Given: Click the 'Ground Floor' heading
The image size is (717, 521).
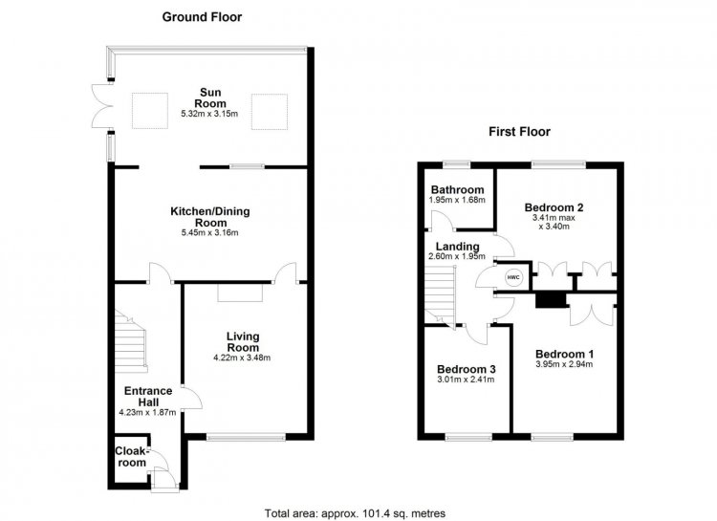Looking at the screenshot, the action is (202, 17).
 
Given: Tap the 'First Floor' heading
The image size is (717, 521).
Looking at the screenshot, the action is (519, 132).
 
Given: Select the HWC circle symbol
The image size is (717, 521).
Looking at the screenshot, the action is (513, 277).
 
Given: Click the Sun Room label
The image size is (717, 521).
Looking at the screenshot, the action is (210, 98).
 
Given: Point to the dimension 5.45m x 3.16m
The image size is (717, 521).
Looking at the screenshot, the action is (210, 233).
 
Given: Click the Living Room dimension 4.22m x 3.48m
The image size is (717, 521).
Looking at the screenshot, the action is (242, 358).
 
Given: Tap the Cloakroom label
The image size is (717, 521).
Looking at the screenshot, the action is (131, 457).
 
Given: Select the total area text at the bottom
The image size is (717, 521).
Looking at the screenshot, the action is (355, 513).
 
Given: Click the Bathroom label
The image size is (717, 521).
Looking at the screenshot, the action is (457, 189).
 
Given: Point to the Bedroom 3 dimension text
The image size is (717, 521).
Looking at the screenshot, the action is (466, 380).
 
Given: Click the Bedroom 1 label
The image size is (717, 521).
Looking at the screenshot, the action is (564, 354).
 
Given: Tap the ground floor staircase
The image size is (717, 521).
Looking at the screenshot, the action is (131, 341).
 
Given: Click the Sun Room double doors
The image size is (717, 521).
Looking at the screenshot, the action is (101, 106).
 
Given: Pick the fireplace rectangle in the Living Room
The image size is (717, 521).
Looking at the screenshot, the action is (240, 293).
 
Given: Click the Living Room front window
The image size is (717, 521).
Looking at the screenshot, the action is (246, 437).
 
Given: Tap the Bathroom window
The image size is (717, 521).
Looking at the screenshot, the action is (457, 164).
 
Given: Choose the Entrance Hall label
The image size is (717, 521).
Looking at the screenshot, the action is (148, 397).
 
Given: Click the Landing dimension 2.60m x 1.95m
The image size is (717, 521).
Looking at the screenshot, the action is (457, 256).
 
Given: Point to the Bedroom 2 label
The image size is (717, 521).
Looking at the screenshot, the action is (554, 207).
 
